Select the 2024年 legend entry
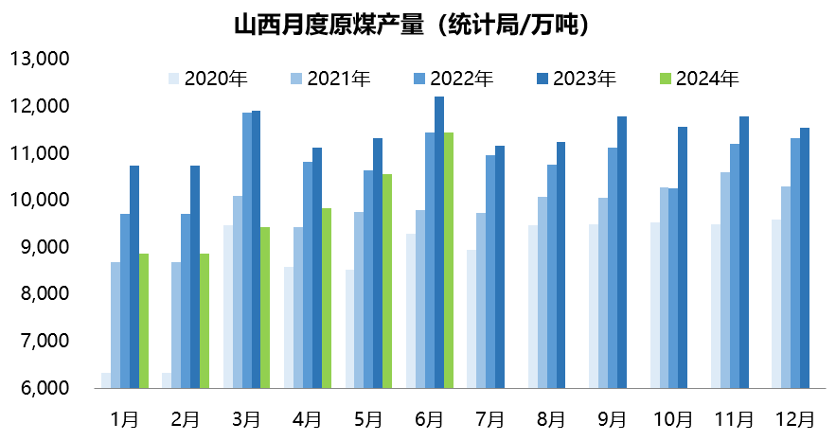pyautogui.click(x=698, y=79)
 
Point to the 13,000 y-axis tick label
pyautogui.click(x=40, y=59)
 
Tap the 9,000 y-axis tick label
pyautogui.click(x=40, y=247)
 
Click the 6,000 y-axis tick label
pyautogui.click(x=40, y=388)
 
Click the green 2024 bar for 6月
pyautogui.click(x=449, y=260)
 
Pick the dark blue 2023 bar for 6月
pyautogui.click(x=439, y=242)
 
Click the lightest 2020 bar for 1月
pyautogui.click(x=106, y=380)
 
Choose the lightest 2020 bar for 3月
pyautogui.click(x=228, y=307)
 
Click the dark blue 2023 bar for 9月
pyautogui.click(x=622, y=252)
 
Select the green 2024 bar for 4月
pyautogui.click(x=327, y=298)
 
